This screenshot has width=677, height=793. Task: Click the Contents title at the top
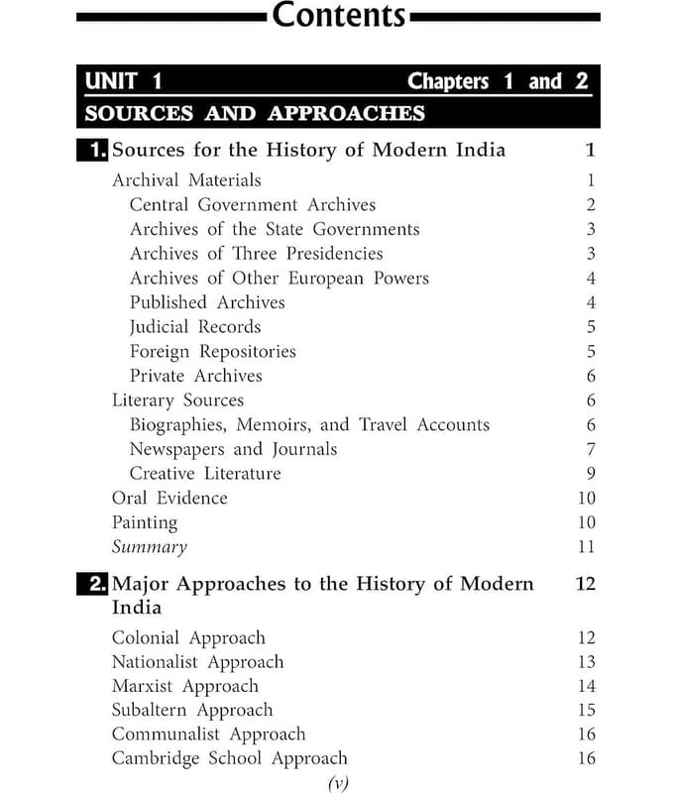[338, 16]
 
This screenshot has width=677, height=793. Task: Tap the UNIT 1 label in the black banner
[124, 81]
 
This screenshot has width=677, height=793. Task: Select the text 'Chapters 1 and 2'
[498, 81]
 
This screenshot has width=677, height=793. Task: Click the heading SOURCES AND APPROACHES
[255, 113]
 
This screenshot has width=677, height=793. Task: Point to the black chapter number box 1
[93, 151]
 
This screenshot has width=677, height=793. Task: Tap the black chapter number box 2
[93, 584]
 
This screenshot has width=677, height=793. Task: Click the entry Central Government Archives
[253, 205]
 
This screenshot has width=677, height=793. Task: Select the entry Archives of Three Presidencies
[256, 254]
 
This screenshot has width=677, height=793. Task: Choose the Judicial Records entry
[195, 327]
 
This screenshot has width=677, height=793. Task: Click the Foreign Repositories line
[212, 352]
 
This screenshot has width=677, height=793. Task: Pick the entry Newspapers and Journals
[233, 449]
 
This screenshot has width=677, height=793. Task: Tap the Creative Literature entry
[205, 474]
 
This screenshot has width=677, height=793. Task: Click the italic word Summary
[149, 547]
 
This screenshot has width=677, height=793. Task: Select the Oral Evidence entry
[169, 498]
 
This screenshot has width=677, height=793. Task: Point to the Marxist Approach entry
[184, 686]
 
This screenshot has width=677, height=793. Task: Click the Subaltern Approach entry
[191, 710]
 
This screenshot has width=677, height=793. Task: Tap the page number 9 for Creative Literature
[590, 474]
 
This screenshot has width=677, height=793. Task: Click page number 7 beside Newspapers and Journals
[590, 449]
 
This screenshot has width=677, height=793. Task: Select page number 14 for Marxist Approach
[586, 686]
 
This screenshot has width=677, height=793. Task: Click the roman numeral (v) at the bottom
[339, 782]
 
